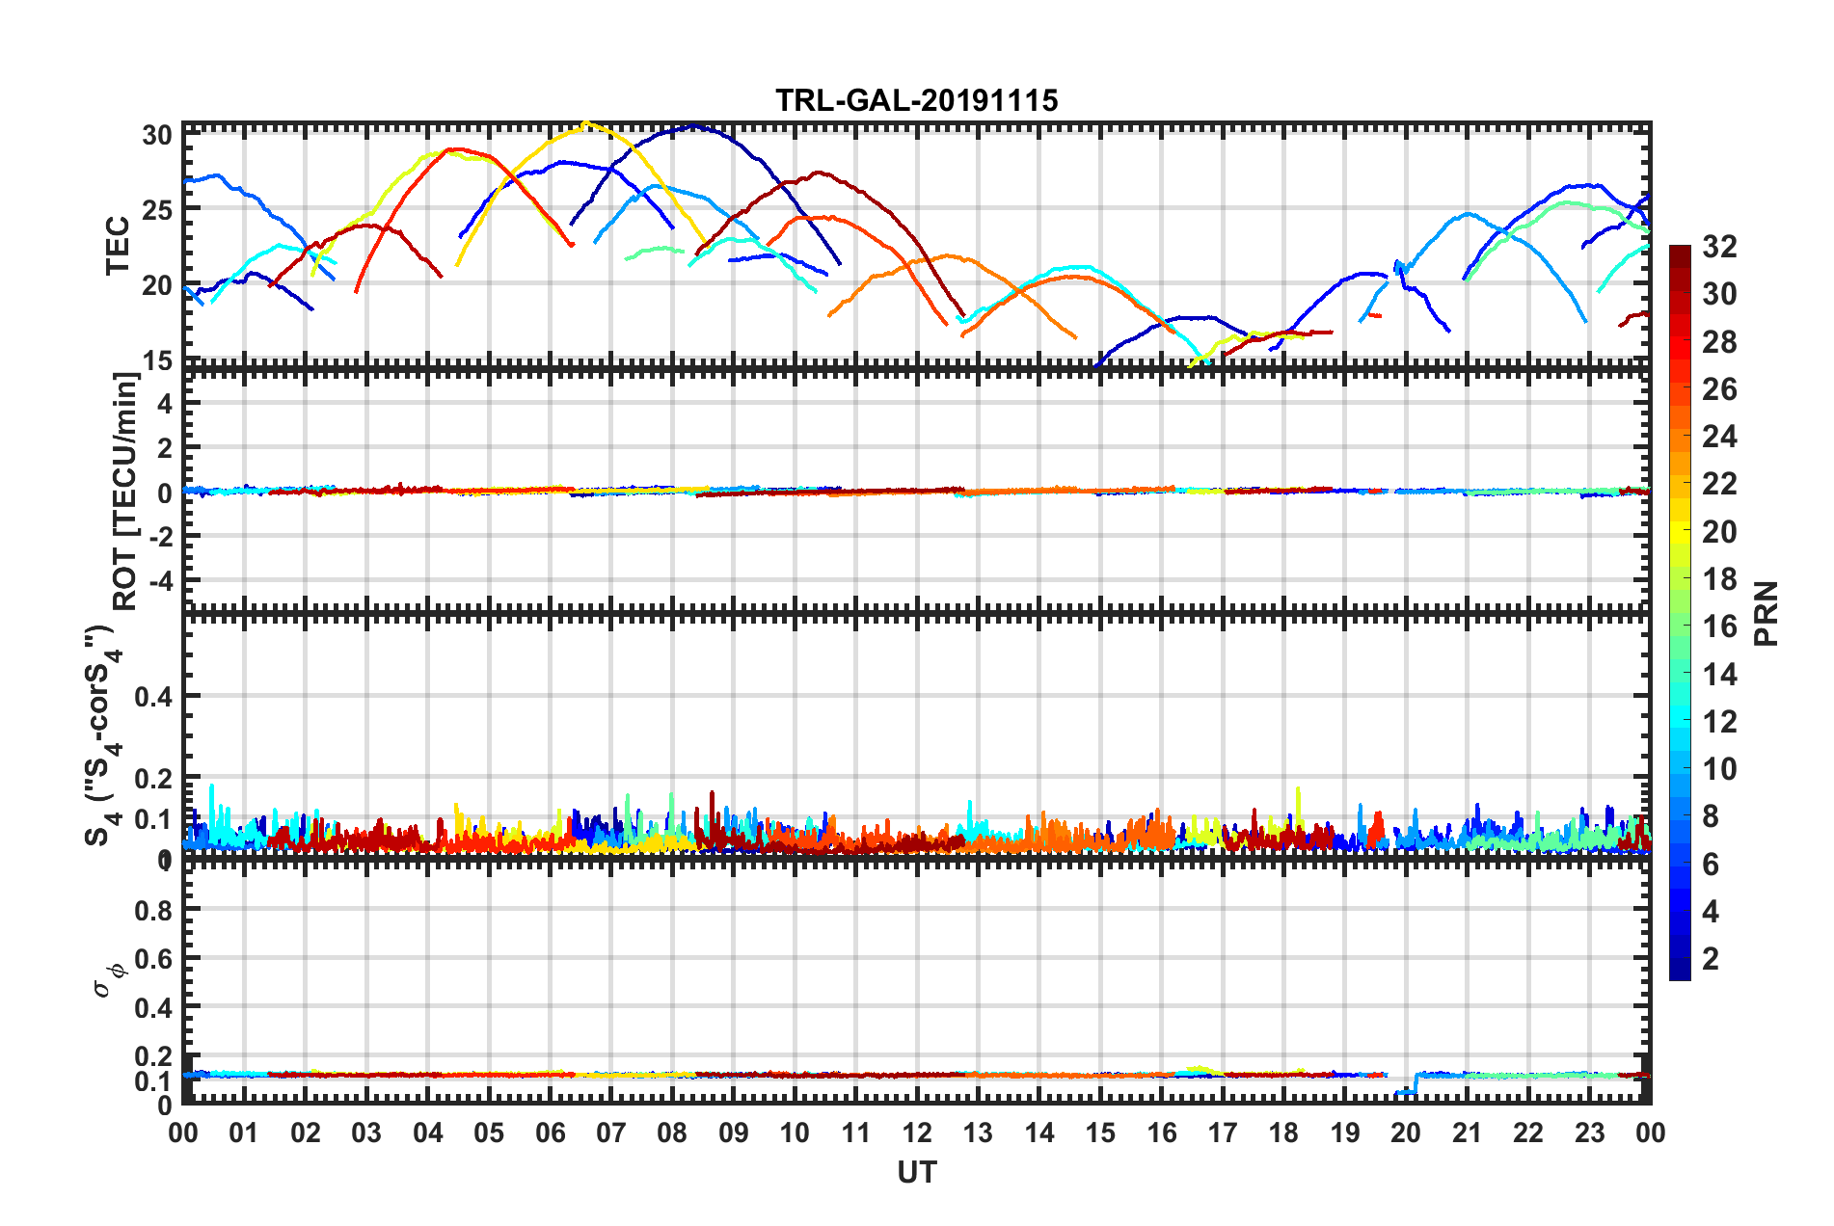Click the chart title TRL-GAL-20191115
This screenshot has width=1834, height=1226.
916,100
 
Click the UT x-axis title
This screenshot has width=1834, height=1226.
916,1172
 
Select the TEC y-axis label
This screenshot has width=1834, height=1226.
118,246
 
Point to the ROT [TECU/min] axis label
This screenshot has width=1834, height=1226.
125,492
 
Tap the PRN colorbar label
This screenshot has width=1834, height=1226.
1767,613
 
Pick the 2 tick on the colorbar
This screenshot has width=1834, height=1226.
1711,958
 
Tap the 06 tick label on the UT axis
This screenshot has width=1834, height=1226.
550,1133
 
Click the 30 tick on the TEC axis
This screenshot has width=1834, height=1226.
157,135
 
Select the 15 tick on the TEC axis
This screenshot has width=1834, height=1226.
157,360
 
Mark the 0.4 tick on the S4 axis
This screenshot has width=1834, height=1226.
152,696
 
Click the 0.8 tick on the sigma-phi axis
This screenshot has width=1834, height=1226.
152,910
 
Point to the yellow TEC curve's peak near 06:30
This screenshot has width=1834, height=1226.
585,123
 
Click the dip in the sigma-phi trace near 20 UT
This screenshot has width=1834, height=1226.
1405,1091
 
